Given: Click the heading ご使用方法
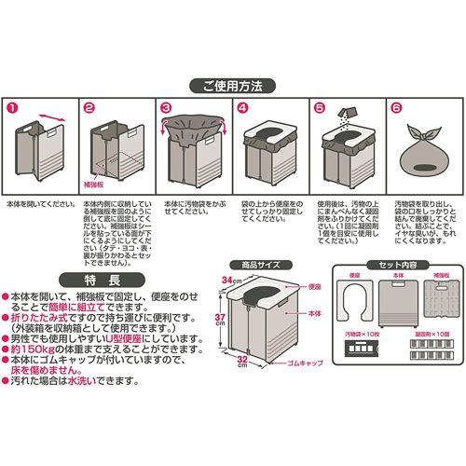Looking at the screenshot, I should pos(233,86).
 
